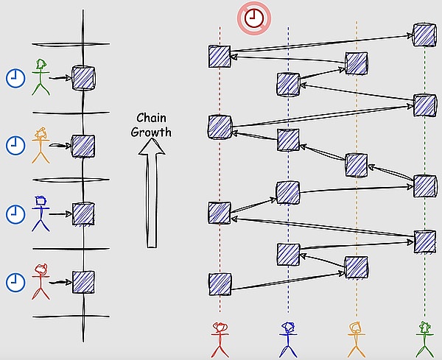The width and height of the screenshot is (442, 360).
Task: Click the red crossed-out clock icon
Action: (x=254, y=18)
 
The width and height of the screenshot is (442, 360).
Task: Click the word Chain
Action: (x=151, y=118)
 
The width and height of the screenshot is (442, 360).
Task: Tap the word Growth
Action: (x=151, y=132)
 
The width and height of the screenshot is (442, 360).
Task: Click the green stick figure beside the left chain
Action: (x=41, y=77)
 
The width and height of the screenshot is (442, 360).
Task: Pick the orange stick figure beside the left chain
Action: (x=41, y=145)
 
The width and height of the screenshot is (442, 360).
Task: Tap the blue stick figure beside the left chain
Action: (x=41, y=213)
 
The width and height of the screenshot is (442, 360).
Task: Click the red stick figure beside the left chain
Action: (x=41, y=281)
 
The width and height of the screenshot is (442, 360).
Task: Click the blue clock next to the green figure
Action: (x=15, y=78)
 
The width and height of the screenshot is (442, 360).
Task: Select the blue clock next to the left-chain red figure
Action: (x=15, y=282)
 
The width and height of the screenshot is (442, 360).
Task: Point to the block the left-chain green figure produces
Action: (x=83, y=78)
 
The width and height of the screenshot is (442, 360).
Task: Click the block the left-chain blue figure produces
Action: (x=83, y=214)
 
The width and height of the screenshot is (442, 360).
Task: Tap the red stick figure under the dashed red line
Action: (x=220, y=340)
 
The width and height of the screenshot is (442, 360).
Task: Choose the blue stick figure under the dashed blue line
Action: (x=288, y=339)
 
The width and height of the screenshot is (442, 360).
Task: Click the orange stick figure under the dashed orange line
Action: (x=357, y=339)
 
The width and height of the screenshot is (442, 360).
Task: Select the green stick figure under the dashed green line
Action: (x=425, y=339)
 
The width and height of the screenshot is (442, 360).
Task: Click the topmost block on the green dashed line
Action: (x=424, y=35)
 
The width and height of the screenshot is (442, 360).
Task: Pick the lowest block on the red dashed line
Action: (x=220, y=284)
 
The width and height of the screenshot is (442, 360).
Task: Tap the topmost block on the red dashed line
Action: (x=220, y=57)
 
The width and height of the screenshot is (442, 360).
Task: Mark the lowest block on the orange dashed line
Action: (x=357, y=267)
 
